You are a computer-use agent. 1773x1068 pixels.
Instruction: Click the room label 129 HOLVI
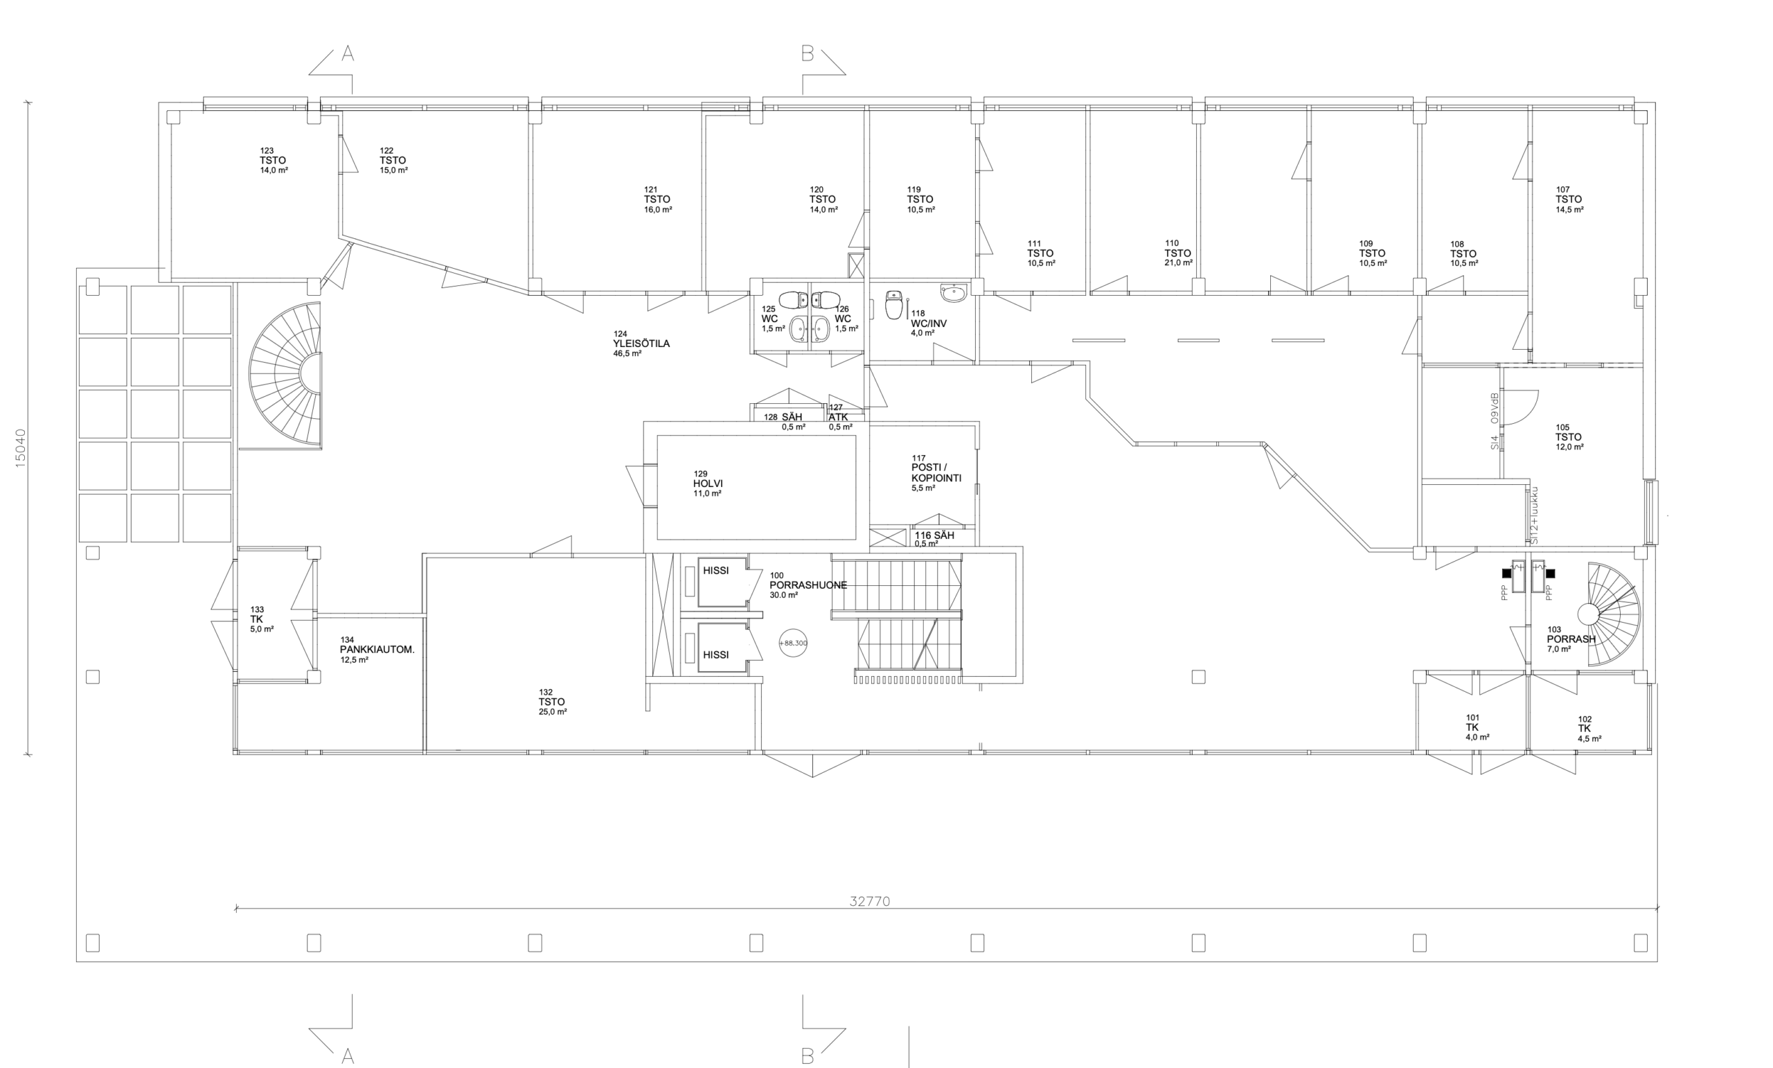(x=708, y=483)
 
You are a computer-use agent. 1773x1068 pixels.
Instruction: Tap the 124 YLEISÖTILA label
(x=641, y=344)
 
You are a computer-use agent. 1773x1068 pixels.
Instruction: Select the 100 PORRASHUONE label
(x=808, y=585)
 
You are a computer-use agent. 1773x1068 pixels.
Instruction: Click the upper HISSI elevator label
(x=716, y=570)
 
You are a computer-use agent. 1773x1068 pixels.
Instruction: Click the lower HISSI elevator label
(x=716, y=655)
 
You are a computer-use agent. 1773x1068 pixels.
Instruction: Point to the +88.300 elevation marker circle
(x=793, y=643)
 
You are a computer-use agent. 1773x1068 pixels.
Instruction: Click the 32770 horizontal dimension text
(x=870, y=901)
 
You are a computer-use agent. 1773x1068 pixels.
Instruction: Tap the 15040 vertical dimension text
(x=20, y=448)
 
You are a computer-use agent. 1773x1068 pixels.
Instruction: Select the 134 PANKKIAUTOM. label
(x=377, y=649)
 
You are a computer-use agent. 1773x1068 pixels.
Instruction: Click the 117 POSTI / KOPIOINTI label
(x=936, y=473)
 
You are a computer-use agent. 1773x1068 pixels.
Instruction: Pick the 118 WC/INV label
(x=928, y=323)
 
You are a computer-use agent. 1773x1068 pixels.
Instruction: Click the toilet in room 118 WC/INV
(x=893, y=305)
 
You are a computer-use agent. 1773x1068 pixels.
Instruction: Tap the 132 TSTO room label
(x=553, y=702)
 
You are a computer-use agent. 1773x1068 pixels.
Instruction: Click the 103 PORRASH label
(x=1571, y=639)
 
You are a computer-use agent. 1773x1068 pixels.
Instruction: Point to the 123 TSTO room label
(x=274, y=161)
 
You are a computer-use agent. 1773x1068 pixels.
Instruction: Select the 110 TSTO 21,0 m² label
(x=1178, y=253)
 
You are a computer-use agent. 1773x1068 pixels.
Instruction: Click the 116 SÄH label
(x=934, y=539)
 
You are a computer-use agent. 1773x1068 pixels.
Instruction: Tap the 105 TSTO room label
(x=1569, y=437)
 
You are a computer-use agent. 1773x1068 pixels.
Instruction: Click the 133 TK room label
(x=261, y=619)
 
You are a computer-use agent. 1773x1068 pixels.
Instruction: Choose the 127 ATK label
(x=839, y=417)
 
